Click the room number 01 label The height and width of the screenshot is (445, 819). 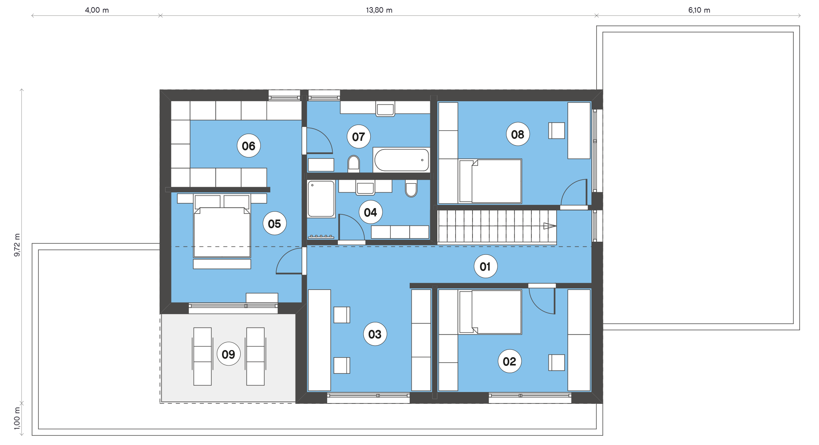(x=485, y=266)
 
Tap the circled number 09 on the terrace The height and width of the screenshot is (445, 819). (x=228, y=354)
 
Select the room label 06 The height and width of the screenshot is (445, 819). (x=249, y=146)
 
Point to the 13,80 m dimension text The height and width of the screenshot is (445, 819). (x=379, y=10)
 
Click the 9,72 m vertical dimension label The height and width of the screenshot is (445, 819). (x=17, y=245)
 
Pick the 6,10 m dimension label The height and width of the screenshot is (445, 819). (x=699, y=10)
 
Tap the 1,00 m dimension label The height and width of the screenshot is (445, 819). (x=17, y=418)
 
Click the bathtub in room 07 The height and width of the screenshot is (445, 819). (x=401, y=160)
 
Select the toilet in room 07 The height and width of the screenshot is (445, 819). (x=354, y=163)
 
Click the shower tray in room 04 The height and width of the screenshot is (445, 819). (x=321, y=199)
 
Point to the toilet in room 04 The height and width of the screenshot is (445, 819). (x=411, y=188)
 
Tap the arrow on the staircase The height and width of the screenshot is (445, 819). (x=550, y=226)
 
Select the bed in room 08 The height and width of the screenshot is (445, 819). (x=490, y=181)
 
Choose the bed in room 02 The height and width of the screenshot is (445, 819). (x=490, y=312)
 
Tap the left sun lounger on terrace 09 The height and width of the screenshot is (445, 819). (x=202, y=356)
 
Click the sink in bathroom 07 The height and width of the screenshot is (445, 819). (x=385, y=109)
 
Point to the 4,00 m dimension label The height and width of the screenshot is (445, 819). (x=97, y=10)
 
